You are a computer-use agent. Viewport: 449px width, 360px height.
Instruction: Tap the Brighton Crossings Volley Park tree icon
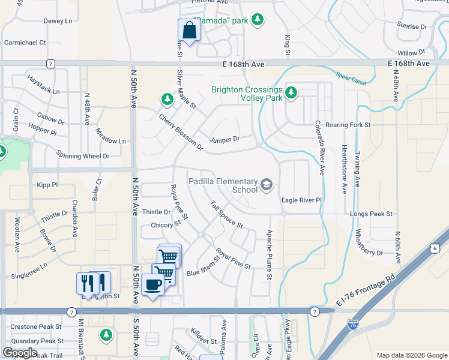pyautogui.click(x=291, y=92)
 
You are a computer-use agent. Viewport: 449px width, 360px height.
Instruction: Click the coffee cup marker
pyautogui.click(x=153, y=285)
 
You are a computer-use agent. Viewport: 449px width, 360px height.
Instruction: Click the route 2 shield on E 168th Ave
pyautogui.click(x=50, y=64)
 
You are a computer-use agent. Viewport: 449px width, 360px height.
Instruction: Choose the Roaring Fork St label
pyautogui.click(x=348, y=125)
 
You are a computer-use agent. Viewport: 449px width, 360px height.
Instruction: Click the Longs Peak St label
pyautogui.click(x=372, y=213)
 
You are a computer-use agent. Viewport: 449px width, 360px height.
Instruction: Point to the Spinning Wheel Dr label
pyautogui.click(x=83, y=155)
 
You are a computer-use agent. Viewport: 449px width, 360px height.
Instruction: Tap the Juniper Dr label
pyautogui.click(x=224, y=140)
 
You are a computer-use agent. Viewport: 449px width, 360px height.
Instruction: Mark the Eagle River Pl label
pyautogui.click(x=302, y=200)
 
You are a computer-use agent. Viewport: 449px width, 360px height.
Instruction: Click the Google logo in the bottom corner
pyautogui.click(x=20, y=353)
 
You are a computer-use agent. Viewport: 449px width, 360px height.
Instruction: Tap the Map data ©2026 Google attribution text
pyautogui.click(x=411, y=355)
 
